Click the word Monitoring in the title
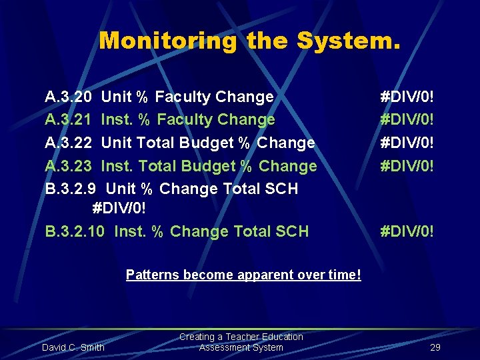tap(167, 41)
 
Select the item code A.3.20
tap(68, 97)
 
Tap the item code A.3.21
tap(68, 120)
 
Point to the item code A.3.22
tap(68, 143)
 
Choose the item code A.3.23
tap(68, 166)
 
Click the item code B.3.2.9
tap(71, 189)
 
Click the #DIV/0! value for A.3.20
tap(407, 97)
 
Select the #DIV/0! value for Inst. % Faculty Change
tap(407, 120)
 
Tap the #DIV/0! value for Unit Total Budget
tap(407, 143)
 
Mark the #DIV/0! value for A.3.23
tap(407, 166)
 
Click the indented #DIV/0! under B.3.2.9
tap(119, 209)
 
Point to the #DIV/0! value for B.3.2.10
tap(407, 232)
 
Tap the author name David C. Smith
tap(73, 347)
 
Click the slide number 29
tap(435, 347)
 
